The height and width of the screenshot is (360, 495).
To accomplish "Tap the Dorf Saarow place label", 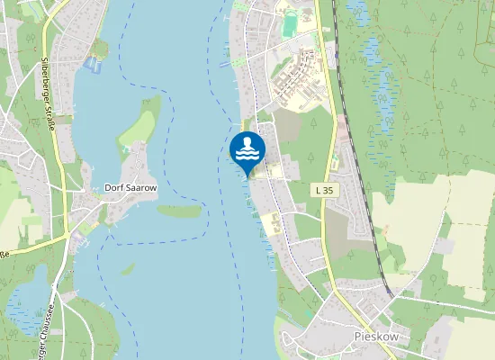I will (x=130, y=188).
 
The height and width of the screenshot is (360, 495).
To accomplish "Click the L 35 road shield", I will (x=325, y=191).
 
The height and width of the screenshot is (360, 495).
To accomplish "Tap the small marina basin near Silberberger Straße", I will (x=91, y=64).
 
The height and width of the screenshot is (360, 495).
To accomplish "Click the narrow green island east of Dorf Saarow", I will (x=179, y=211).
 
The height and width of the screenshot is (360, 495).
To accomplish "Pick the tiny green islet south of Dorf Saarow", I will (x=129, y=267).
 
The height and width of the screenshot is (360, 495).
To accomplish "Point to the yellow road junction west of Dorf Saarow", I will (x=66, y=236).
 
